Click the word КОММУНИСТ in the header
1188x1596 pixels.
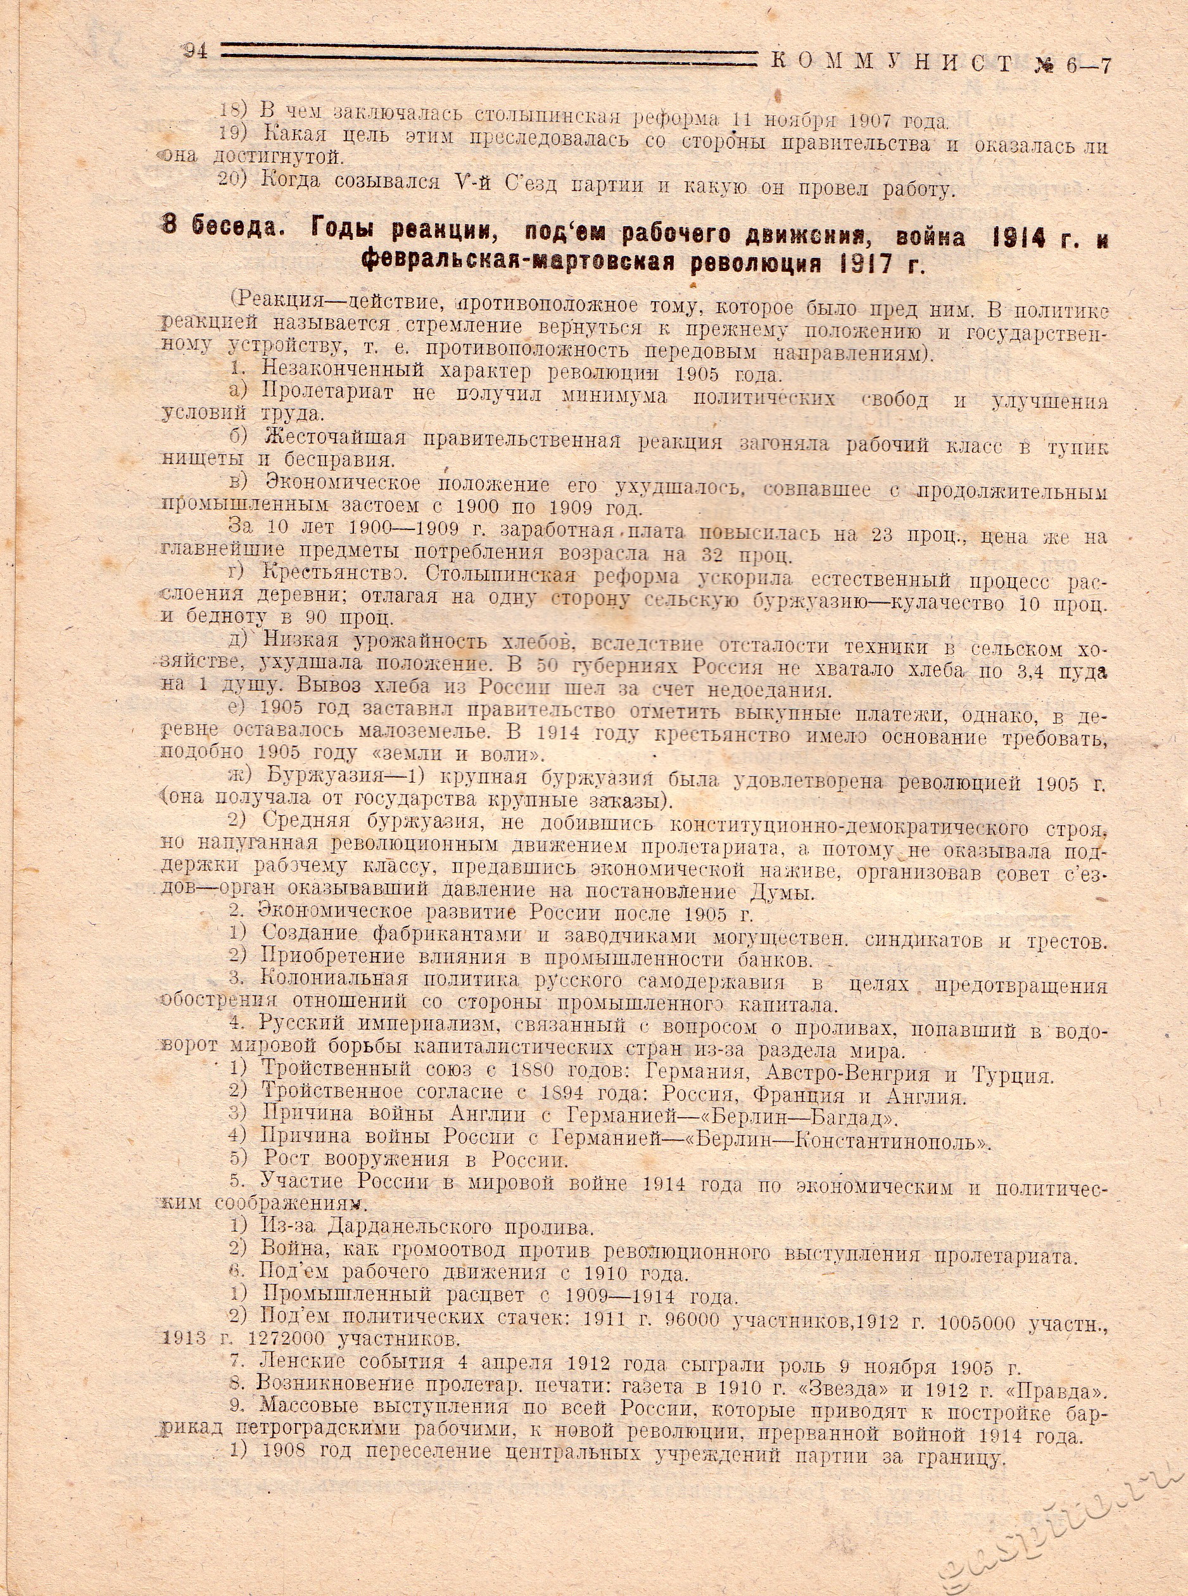pos(892,63)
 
